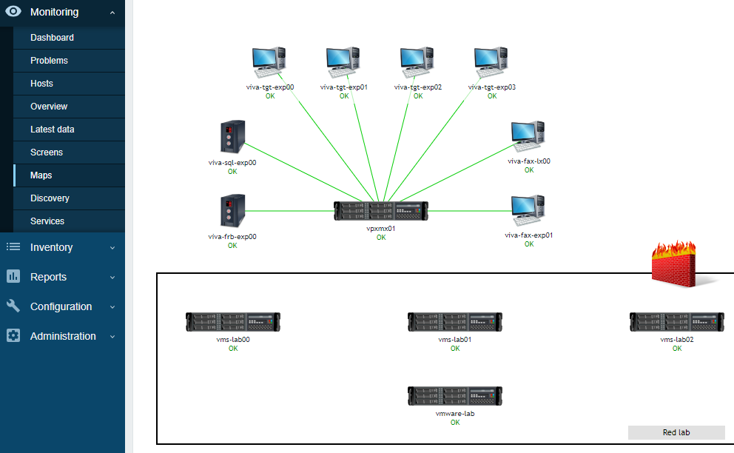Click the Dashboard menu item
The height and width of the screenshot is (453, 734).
(52, 38)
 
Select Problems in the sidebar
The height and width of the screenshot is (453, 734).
(49, 61)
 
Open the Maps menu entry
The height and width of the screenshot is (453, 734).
(41, 175)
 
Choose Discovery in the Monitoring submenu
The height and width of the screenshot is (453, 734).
(50, 198)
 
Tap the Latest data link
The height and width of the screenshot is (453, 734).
(52, 130)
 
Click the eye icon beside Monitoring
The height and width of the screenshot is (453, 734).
(13, 12)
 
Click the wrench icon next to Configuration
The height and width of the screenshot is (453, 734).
(13, 306)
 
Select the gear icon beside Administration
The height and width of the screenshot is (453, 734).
(13, 336)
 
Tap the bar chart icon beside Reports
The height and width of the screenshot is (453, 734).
(13, 277)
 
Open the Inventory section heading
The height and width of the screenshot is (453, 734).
(51, 247)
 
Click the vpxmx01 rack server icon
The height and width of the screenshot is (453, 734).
(381, 211)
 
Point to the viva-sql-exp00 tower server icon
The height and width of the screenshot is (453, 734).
(232, 137)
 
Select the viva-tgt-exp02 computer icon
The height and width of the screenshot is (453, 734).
(417, 62)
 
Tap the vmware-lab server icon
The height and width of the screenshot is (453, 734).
(455, 396)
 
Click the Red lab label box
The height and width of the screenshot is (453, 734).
(676, 432)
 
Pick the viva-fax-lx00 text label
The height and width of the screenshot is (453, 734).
(529, 161)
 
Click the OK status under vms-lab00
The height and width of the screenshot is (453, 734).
(233, 349)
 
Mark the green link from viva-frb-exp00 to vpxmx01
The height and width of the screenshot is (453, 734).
(289, 211)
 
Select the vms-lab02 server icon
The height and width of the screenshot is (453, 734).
(677, 322)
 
